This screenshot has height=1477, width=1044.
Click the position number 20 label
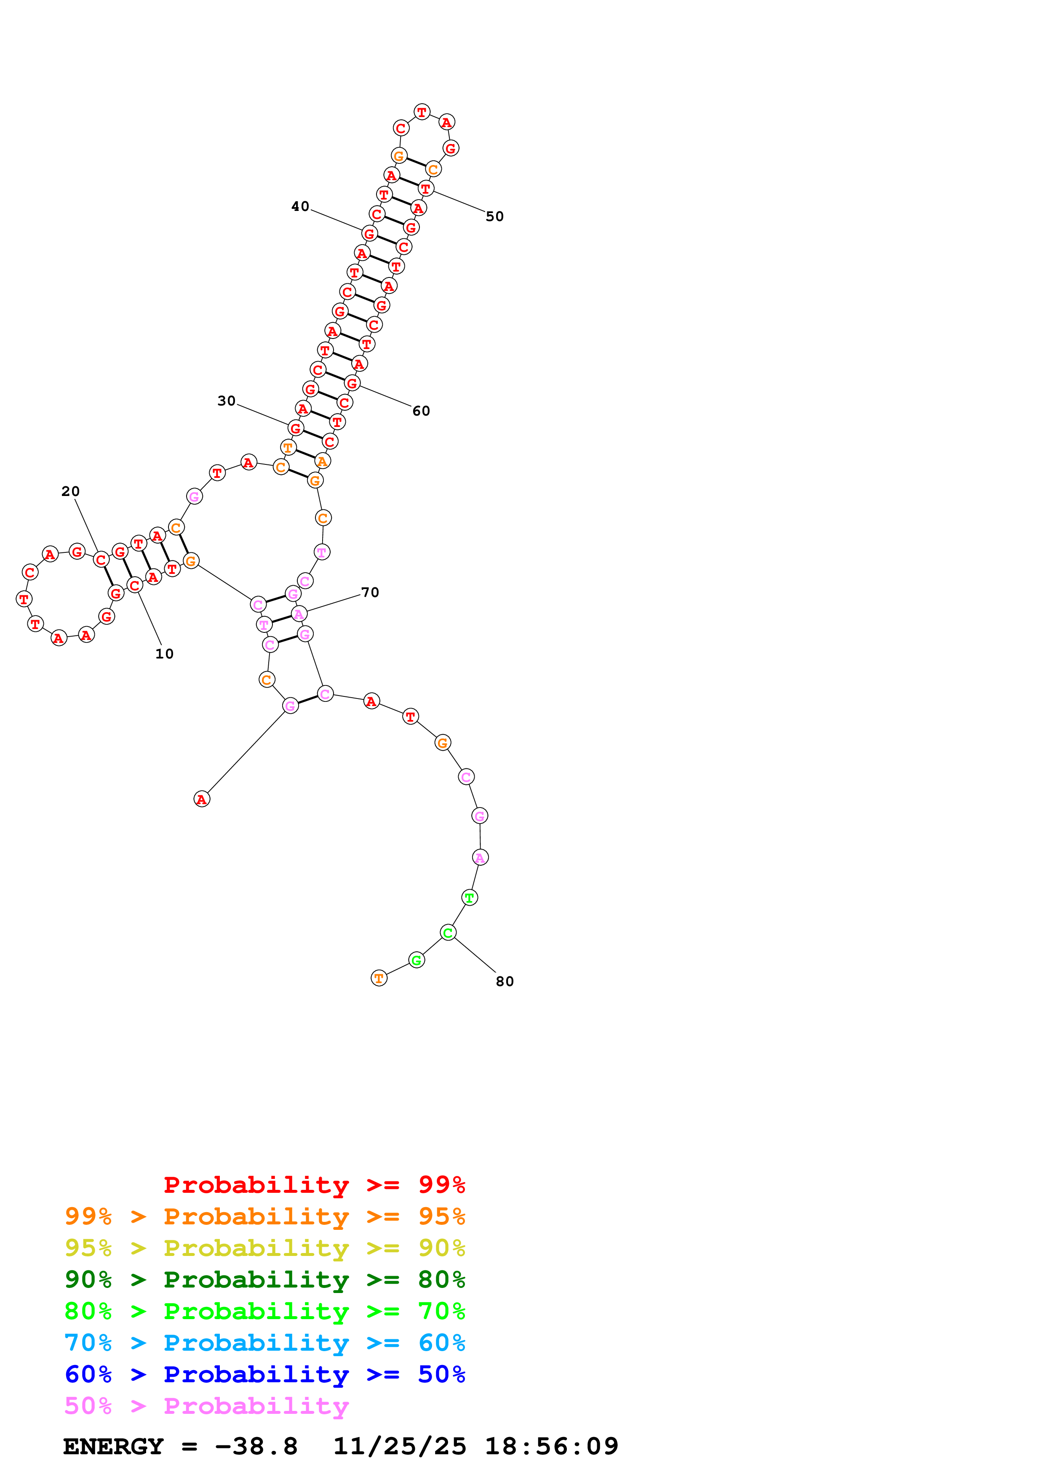(x=71, y=491)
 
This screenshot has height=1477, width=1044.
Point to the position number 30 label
(x=227, y=401)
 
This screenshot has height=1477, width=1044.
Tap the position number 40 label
(x=300, y=206)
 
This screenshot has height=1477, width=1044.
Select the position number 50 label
(x=495, y=217)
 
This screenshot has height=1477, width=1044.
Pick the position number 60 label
(x=421, y=411)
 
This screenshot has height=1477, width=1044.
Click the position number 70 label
(x=370, y=592)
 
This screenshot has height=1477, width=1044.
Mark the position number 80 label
(x=505, y=982)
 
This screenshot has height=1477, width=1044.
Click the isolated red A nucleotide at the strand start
(x=202, y=799)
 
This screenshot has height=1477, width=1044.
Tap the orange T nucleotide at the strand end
(x=379, y=978)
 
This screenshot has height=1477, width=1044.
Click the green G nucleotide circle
(x=417, y=960)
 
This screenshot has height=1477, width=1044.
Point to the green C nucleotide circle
(x=449, y=932)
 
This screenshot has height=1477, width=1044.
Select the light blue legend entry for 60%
(x=264, y=1343)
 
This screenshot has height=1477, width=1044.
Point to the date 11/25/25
(x=400, y=1447)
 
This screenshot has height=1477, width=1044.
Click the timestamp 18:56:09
(x=551, y=1447)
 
